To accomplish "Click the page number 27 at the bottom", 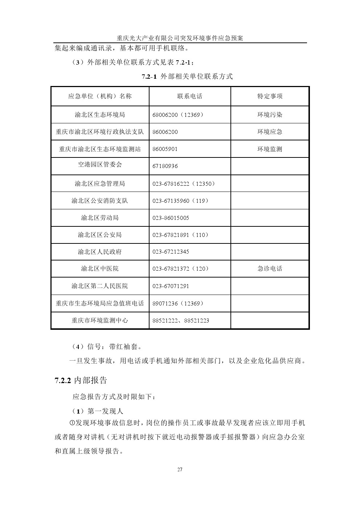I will pyautogui.click(x=180, y=469).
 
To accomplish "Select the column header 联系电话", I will pyautogui.click(x=190, y=96).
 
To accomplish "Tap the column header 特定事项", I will pyautogui.click(x=270, y=96).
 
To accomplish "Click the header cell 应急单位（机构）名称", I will pyautogui.click(x=100, y=96).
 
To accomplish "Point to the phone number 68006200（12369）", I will pyautogui.click(x=178, y=115).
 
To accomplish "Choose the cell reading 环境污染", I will pyautogui.click(x=270, y=115).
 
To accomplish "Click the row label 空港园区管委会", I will pyautogui.click(x=100, y=165).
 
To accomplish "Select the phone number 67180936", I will pyautogui.click(x=165, y=166).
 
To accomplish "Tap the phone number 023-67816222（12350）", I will pyautogui.click(x=184, y=184).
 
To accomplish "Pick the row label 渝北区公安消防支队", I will pyautogui.click(x=100, y=201).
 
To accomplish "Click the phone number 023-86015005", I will pyautogui.click(x=171, y=218).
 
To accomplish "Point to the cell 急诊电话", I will pyautogui.click(x=270, y=268).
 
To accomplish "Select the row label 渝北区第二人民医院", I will pyautogui.click(x=100, y=286).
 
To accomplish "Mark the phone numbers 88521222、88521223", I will pyautogui.click(x=181, y=321).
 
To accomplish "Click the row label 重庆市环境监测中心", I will pyautogui.click(x=100, y=321).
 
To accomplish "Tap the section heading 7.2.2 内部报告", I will pyautogui.click(x=81, y=380).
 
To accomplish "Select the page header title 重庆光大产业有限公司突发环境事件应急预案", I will pyautogui.click(x=180, y=38).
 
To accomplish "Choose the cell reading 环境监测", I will pyautogui.click(x=270, y=149).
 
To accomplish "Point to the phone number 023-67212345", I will pyautogui.click(x=171, y=252).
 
